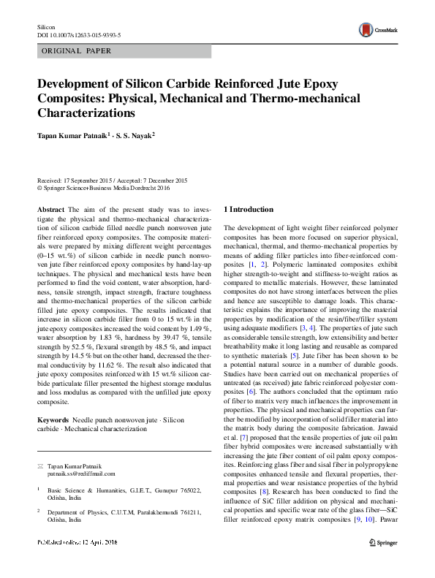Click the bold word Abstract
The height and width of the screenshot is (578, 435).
(50, 210)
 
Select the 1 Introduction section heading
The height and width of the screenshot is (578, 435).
(249, 210)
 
